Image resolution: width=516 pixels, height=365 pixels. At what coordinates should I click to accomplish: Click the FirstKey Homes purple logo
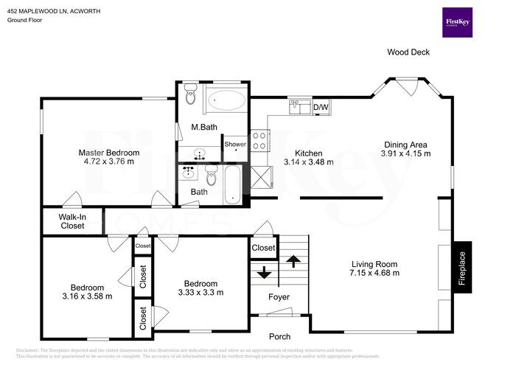[x=456, y=23]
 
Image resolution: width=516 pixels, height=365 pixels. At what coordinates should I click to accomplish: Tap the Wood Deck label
[x=408, y=52]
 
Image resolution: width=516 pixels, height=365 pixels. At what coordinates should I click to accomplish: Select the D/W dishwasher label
[x=321, y=108]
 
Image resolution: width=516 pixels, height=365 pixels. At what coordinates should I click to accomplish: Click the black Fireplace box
[x=462, y=268]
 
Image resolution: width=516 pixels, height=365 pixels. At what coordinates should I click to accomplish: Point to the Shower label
[x=235, y=145]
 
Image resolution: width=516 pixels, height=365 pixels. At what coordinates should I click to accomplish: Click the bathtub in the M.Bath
[x=226, y=100]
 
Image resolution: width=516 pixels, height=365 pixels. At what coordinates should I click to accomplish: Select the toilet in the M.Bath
[x=190, y=94]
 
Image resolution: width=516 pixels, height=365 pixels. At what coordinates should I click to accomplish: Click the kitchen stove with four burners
[x=260, y=140]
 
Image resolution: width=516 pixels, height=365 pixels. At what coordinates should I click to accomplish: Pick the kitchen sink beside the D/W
[x=299, y=108]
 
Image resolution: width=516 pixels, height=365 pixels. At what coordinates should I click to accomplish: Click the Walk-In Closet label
[x=72, y=221]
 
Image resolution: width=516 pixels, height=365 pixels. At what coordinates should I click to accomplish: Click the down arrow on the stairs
[x=263, y=274]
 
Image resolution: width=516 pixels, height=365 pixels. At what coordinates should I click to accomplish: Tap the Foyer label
[x=279, y=297]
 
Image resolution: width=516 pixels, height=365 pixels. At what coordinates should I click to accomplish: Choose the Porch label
[x=279, y=336]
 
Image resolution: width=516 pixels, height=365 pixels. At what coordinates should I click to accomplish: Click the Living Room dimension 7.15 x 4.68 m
[x=374, y=273]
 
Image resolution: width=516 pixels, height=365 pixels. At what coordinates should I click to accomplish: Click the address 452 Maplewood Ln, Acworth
[x=55, y=12]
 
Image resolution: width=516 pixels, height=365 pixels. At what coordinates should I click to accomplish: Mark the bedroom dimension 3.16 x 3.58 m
[x=87, y=296]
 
